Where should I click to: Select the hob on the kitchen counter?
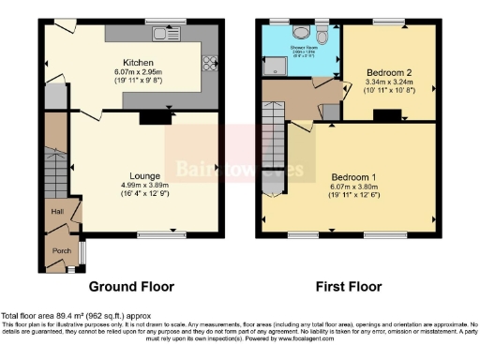pos(207,64)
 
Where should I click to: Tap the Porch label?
pos(61,250)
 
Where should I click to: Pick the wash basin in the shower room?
pos(300,30)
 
